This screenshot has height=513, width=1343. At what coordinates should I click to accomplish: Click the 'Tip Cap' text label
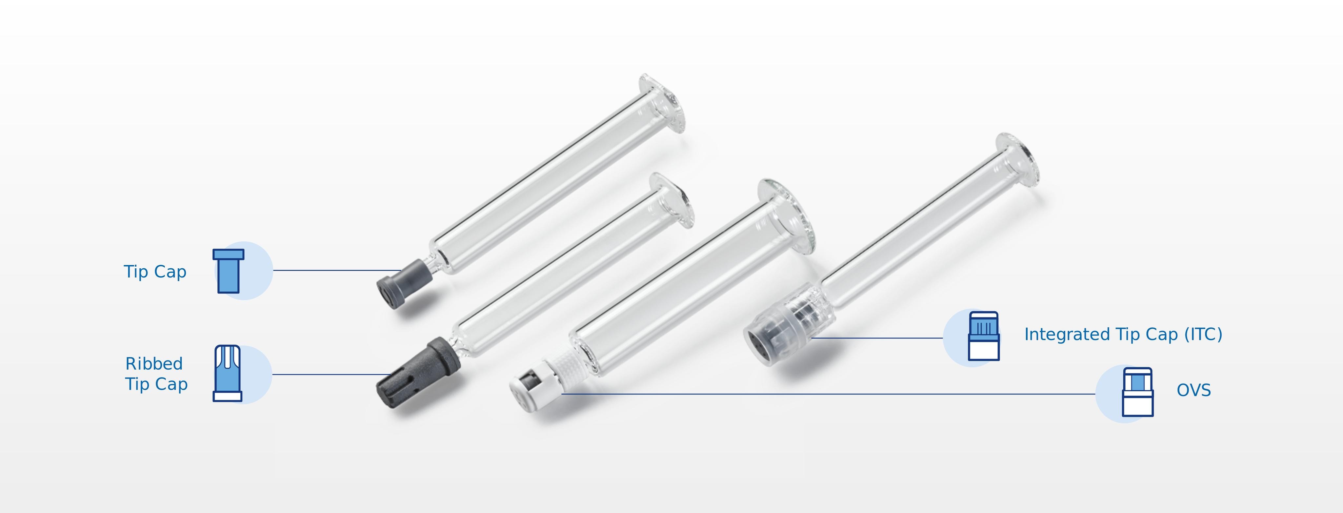[x=155, y=272]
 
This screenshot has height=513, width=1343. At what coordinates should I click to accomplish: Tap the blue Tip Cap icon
[x=228, y=271]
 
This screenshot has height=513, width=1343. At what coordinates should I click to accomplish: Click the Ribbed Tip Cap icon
[x=228, y=373]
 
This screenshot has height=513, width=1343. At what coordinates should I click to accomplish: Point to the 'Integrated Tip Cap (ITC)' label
[x=1123, y=334]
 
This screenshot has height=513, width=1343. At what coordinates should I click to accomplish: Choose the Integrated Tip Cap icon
[x=984, y=336]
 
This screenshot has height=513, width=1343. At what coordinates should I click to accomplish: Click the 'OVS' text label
[x=1193, y=390]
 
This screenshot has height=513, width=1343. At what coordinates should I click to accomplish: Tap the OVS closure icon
[x=1138, y=392]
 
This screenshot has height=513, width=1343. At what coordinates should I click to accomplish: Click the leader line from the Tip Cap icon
[x=336, y=270]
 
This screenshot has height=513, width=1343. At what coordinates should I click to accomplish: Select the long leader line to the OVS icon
[x=834, y=394]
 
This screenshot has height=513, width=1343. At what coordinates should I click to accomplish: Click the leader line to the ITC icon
[x=876, y=338]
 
